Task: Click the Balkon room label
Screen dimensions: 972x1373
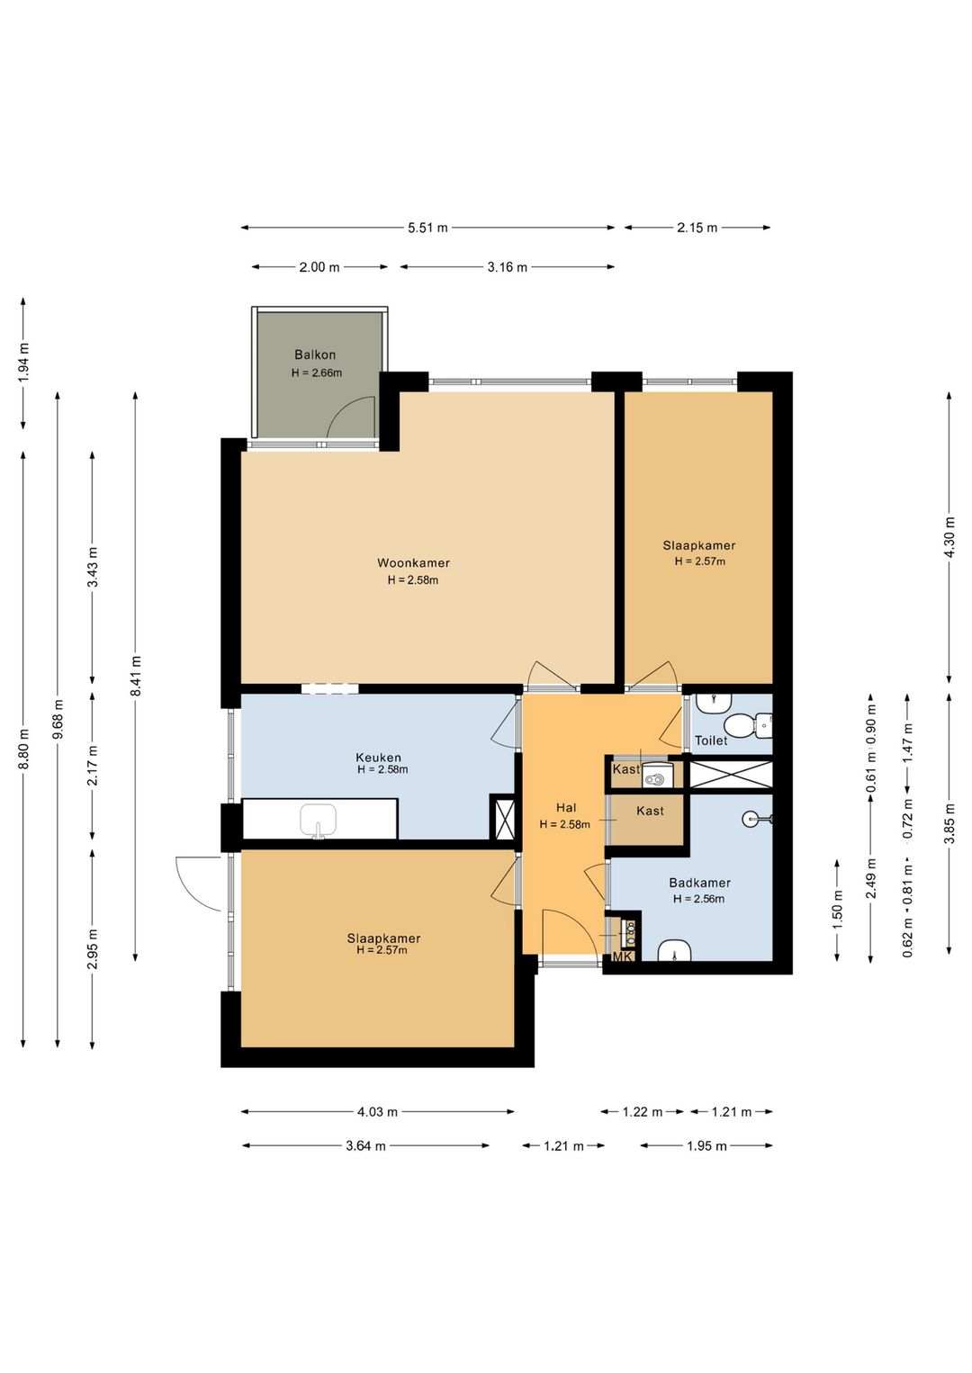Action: (315, 354)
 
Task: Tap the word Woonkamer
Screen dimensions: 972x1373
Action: (413, 562)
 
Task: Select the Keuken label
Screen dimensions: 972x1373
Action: (378, 758)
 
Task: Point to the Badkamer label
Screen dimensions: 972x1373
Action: (699, 884)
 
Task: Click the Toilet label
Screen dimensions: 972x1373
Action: (711, 740)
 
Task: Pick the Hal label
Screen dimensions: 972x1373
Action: (566, 808)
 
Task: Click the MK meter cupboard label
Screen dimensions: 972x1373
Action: (623, 957)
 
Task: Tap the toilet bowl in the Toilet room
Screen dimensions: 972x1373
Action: (747, 725)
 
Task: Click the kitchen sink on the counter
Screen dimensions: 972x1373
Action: (319, 821)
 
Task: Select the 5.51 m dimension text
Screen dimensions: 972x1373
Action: (428, 228)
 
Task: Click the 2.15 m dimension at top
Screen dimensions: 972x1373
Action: (697, 228)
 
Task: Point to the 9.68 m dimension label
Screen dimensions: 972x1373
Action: (58, 719)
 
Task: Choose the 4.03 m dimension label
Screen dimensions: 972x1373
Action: (378, 1112)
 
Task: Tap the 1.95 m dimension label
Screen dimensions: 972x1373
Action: (706, 1145)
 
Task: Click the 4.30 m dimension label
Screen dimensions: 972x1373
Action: (949, 537)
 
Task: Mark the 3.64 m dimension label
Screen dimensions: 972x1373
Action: (365, 1145)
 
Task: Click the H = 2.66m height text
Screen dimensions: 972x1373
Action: (317, 372)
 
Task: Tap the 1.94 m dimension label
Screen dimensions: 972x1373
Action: (24, 363)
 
